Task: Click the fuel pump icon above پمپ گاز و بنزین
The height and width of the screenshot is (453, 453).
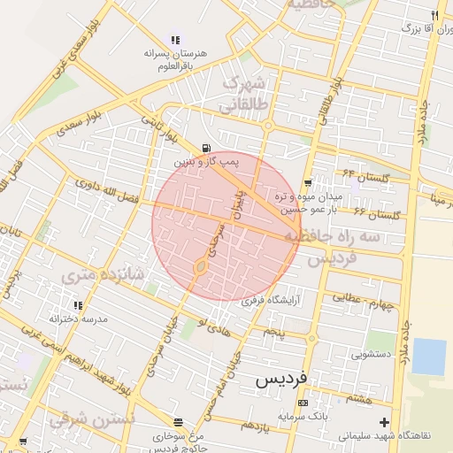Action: [x=206, y=148]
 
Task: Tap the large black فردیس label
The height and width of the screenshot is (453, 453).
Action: [x=281, y=379]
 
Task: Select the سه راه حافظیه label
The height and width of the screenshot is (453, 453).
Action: [x=345, y=238]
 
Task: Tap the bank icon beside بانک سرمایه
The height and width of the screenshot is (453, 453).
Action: [x=303, y=403]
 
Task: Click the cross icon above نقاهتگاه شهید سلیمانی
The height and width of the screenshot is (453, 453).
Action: [x=383, y=422]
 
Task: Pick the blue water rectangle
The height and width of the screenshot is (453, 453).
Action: [x=429, y=357]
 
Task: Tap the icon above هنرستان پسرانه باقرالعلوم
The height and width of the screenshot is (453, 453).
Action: [x=175, y=40]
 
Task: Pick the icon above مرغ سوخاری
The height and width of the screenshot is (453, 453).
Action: [x=179, y=422]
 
